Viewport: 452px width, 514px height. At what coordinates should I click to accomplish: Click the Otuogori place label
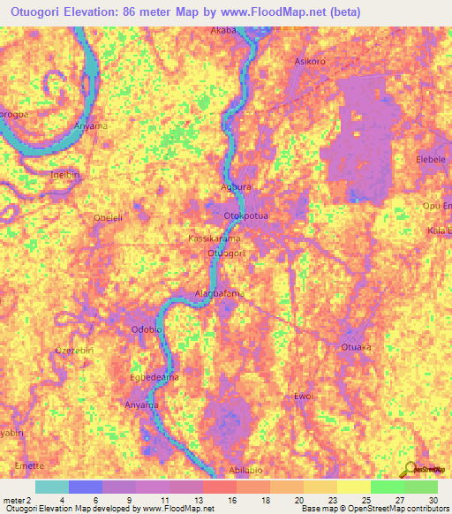click(x=225, y=253)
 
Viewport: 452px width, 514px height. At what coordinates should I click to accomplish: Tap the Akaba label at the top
click(x=224, y=30)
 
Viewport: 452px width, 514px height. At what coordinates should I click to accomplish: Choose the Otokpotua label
click(x=246, y=215)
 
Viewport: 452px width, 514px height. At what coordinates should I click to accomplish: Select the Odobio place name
click(x=147, y=329)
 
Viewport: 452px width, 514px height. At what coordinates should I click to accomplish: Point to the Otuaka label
click(x=357, y=348)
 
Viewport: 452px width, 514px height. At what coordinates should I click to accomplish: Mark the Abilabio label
click(x=248, y=470)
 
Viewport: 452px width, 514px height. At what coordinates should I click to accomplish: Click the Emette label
click(x=28, y=465)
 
